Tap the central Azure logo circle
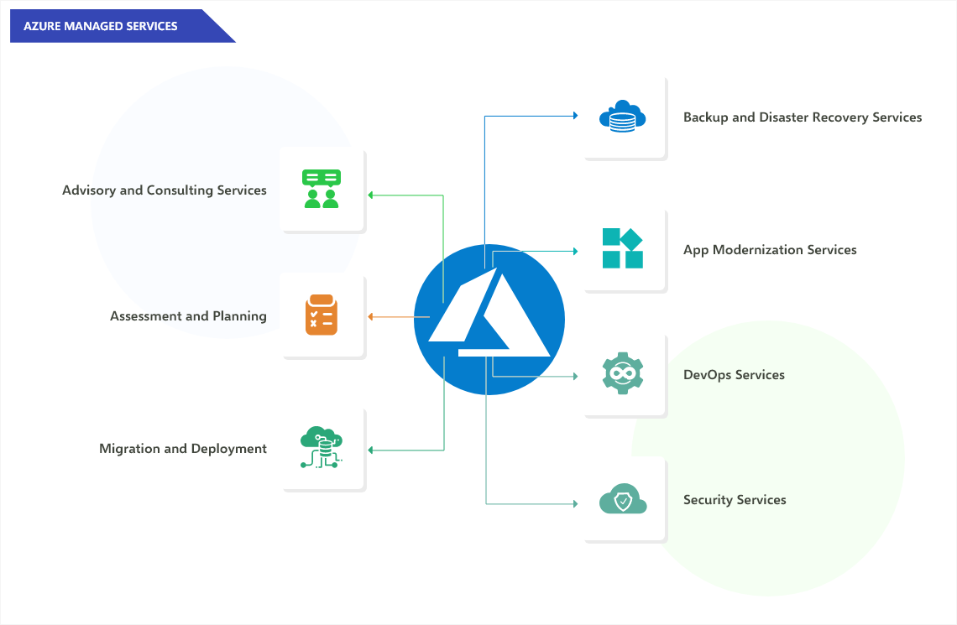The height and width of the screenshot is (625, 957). tap(489, 320)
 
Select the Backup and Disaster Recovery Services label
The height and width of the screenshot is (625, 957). tap(803, 117)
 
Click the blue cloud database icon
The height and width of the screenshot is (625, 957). tap(622, 117)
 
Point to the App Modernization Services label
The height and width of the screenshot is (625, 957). tap(770, 250)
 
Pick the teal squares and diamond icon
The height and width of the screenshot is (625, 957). tap(623, 249)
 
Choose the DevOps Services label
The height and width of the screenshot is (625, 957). tap(734, 375)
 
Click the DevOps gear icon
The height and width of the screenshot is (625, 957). tap(623, 374)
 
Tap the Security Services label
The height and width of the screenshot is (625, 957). tap(735, 500)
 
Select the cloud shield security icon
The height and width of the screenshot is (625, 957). tap(623, 500)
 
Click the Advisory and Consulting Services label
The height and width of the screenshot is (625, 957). tap(165, 190)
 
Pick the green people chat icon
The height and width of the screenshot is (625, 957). tap(322, 189)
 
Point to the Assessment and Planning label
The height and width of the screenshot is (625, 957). tap(188, 316)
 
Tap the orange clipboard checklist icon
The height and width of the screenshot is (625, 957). tap(322, 315)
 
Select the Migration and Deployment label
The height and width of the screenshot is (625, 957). tap(183, 449)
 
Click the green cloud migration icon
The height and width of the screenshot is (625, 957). tap(322, 448)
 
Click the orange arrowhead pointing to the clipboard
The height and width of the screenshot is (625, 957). tap(371, 316)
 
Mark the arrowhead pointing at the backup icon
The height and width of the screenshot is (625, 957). tap(575, 115)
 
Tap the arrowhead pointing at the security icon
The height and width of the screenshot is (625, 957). tap(575, 503)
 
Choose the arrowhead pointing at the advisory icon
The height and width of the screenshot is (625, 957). tap(371, 195)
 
